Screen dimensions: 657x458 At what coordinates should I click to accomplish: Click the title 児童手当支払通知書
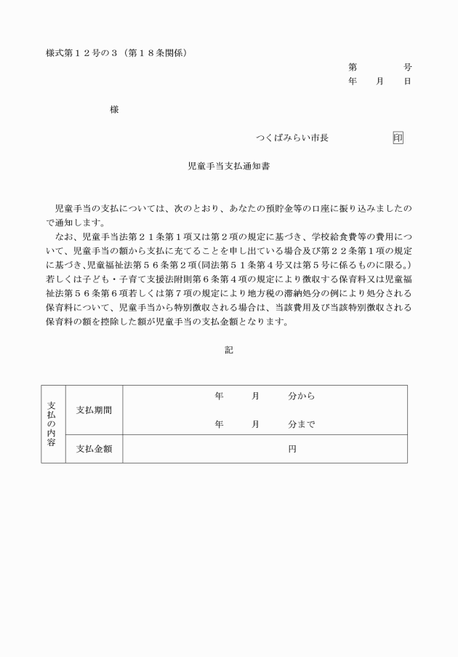click(229, 166)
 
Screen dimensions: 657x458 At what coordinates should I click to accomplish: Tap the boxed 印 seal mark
click(398, 138)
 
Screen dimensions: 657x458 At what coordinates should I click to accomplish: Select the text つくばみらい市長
click(292, 138)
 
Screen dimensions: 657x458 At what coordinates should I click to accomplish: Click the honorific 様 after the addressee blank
click(114, 110)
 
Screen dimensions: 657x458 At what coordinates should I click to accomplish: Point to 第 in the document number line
click(353, 67)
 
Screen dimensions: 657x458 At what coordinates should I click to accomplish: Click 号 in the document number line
click(407, 67)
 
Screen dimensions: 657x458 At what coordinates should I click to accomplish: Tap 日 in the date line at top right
click(407, 81)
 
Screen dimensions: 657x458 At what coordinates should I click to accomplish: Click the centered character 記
click(229, 350)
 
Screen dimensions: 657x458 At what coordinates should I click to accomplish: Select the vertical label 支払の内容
click(52, 423)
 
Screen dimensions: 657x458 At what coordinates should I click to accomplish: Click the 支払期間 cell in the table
click(94, 410)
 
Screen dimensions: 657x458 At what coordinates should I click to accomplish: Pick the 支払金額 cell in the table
click(94, 449)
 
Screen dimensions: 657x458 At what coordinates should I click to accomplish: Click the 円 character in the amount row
click(292, 449)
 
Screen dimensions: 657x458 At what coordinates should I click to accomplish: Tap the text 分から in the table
click(301, 397)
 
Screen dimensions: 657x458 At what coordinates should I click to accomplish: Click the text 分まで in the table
click(301, 423)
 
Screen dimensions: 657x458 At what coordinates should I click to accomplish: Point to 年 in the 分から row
click(219, 397)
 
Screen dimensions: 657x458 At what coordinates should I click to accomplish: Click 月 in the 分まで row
click(255, 423)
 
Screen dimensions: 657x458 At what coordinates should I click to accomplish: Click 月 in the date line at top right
click(379, 81)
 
